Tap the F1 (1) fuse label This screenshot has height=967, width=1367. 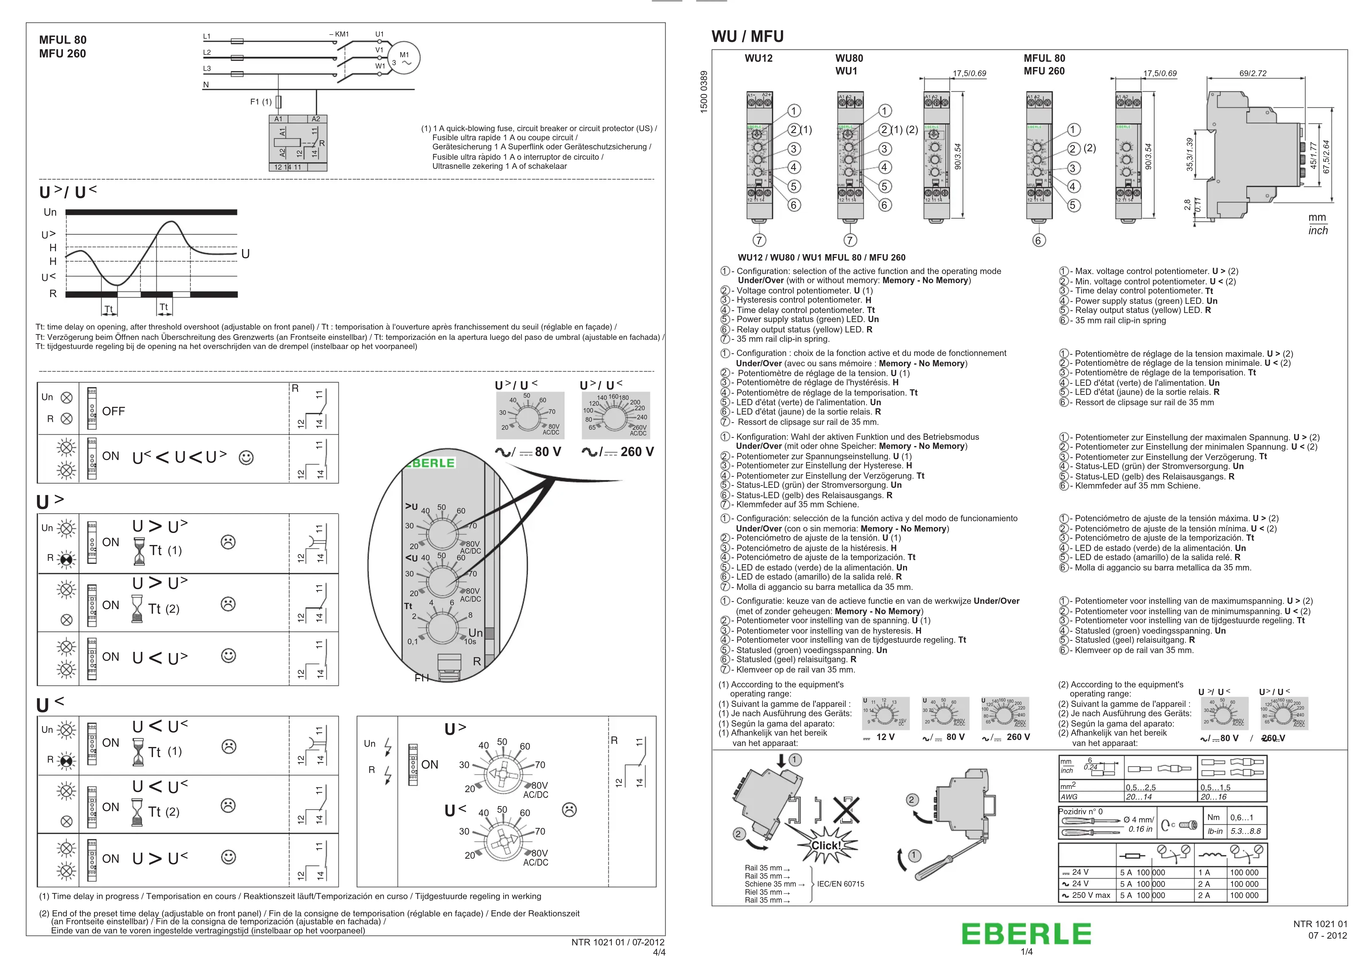(260, 102)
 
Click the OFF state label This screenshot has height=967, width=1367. (113, 411)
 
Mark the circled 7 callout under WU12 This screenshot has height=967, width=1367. (759, 241)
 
